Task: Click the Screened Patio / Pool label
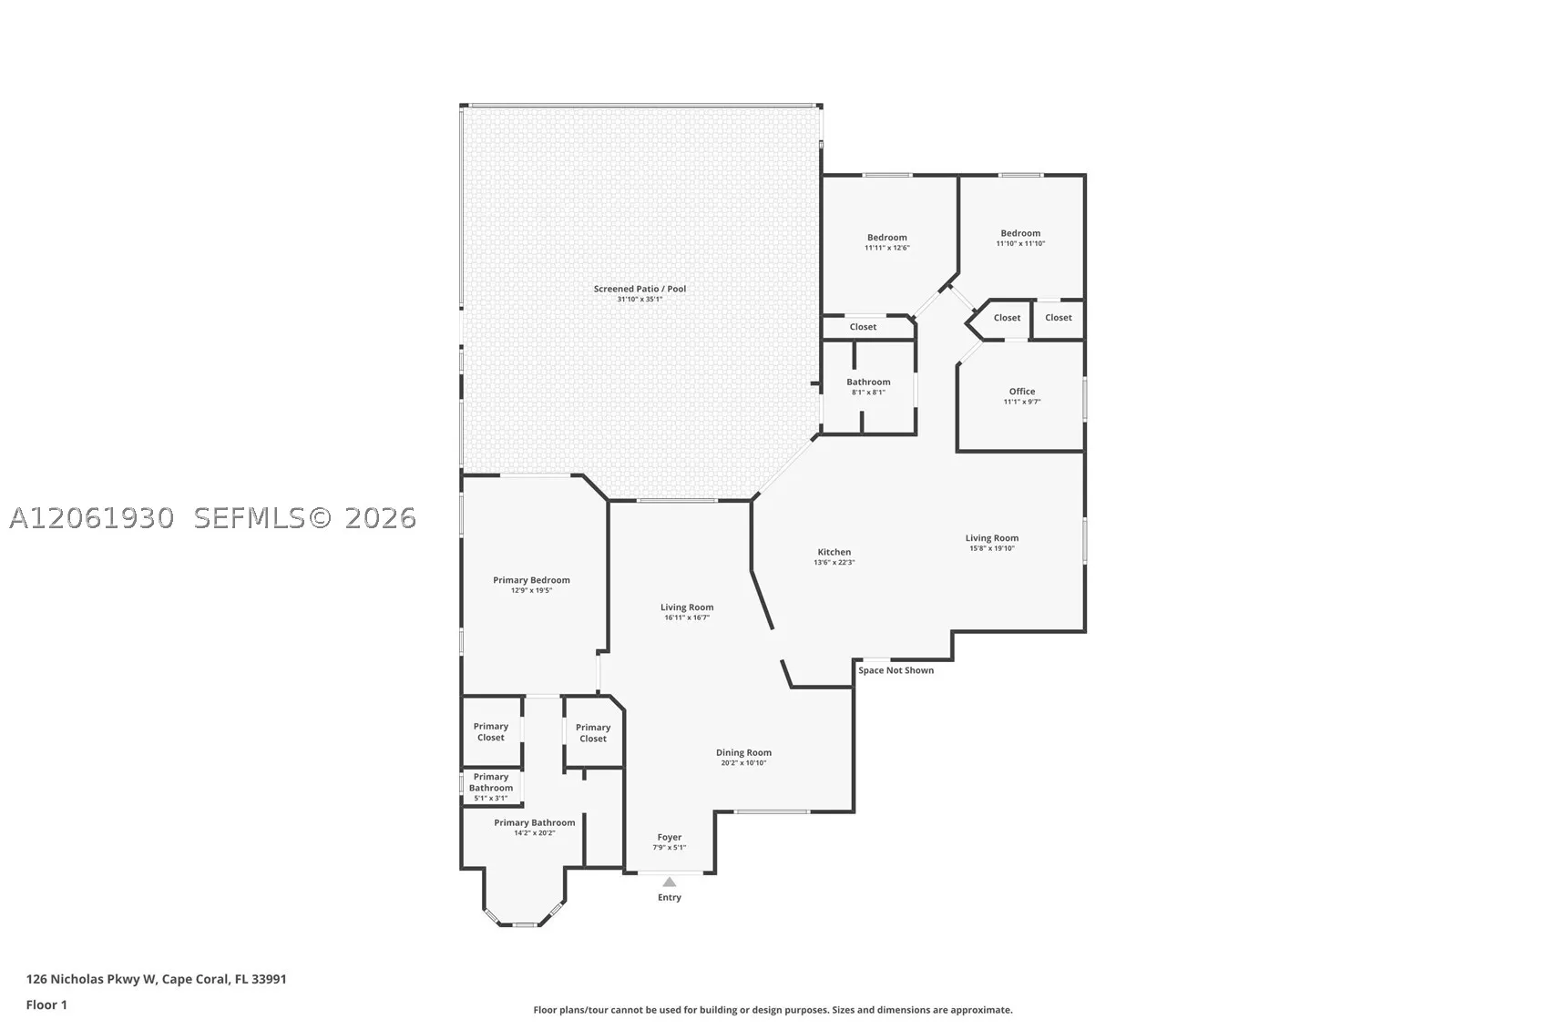tap(640, 289)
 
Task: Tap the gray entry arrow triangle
tap(669, 882)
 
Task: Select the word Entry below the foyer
tap(670, 898)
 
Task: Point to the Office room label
tap(1022, 392)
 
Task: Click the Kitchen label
tap(834, 552)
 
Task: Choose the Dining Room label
tap(743, 752)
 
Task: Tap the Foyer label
tap(670, 838)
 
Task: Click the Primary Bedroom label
tap(531, 580)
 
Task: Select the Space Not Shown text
tap(896, 670)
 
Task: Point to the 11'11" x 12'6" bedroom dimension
tap(887, 248)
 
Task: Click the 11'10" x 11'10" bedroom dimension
tap(1020, 243)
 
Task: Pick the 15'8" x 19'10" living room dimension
tap(992, 548)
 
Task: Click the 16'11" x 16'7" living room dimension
tap(687, 617)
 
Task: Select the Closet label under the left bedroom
tap(863, 327)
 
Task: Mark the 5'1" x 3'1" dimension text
tap(491, 798)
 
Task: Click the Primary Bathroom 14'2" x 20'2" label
tap(534, 827)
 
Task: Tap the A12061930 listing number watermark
tap(92, 518)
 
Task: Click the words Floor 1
tap(47, 1005)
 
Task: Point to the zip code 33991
tap(269, 979)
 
